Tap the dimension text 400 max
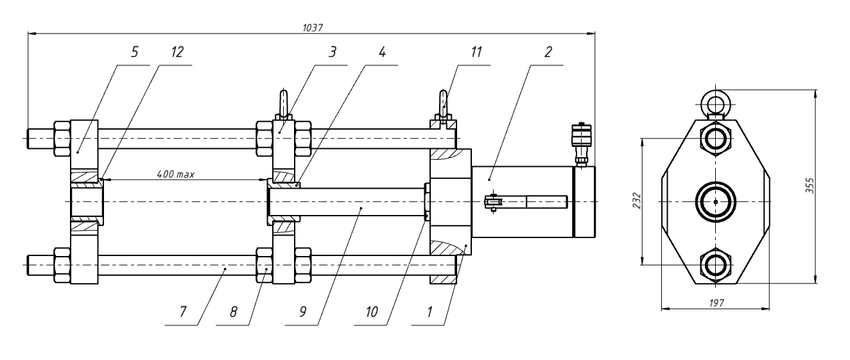coord(175,174)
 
